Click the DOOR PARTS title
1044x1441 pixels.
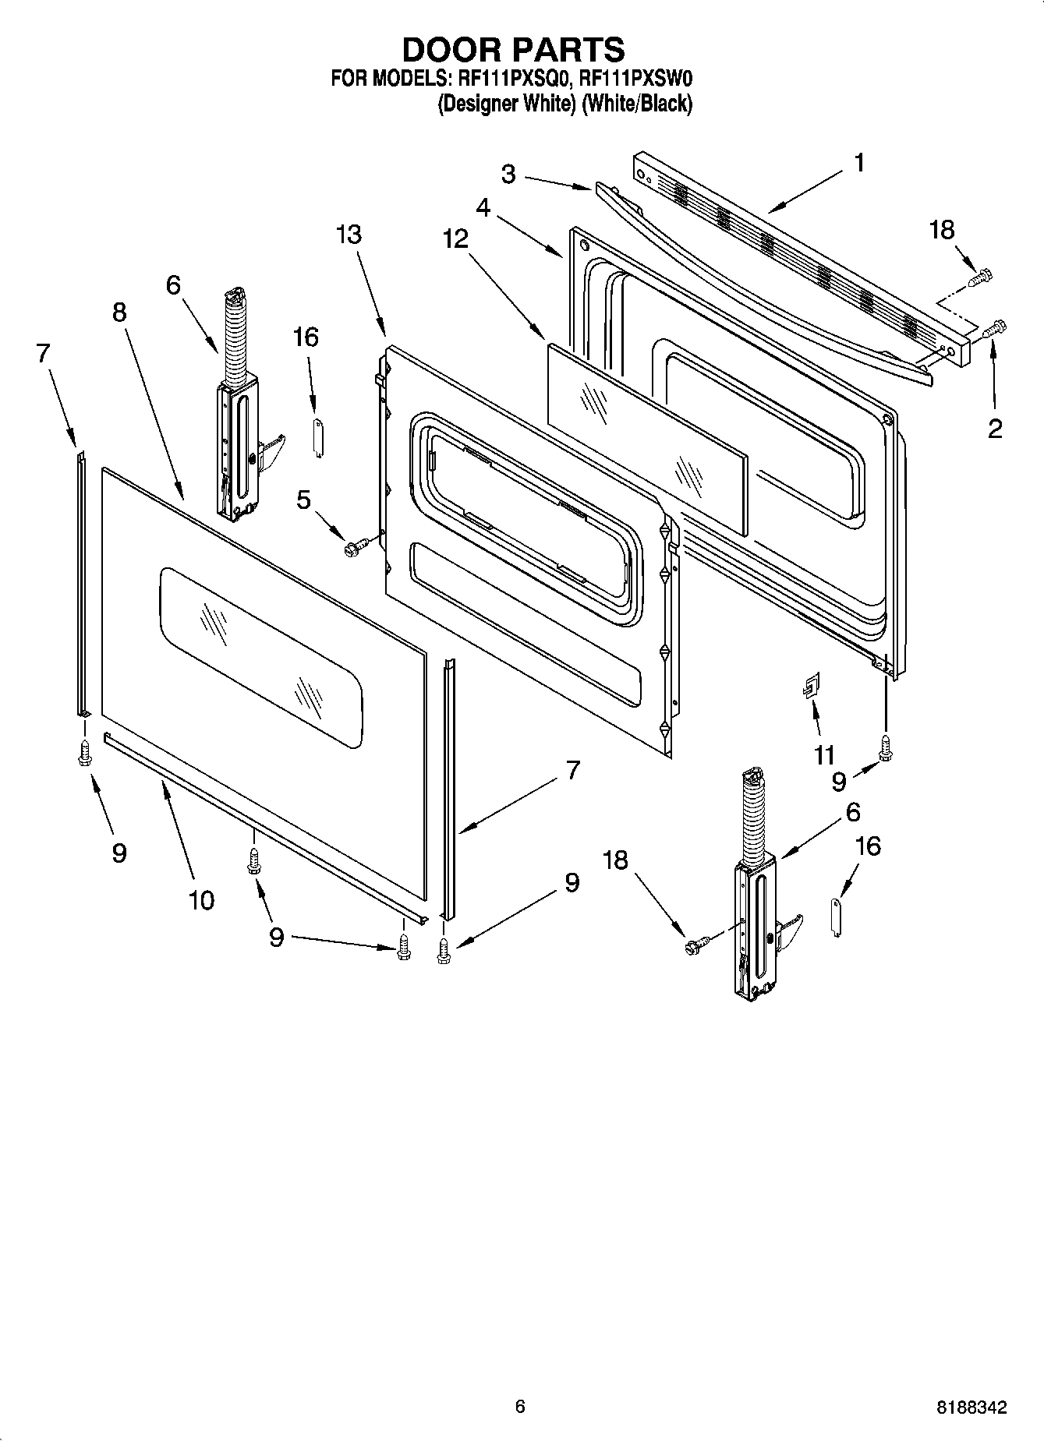tap(513, 49)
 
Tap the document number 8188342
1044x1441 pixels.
tap(971, 1407)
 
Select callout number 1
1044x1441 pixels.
tap(858, 164)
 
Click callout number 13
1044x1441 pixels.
tap(349, 234)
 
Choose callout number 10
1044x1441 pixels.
tap(200, 900)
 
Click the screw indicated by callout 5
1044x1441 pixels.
tap(351, 549)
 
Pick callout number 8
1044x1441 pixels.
tap(119, 313)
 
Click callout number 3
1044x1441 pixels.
tap(508, 174)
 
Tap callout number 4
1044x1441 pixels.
tap(483, 209)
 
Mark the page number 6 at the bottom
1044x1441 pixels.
tap(520, 1407)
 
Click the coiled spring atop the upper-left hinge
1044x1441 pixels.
tap(233, 335)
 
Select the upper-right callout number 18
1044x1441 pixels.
tap(942, 230)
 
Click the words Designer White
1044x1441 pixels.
tap(505, 104)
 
